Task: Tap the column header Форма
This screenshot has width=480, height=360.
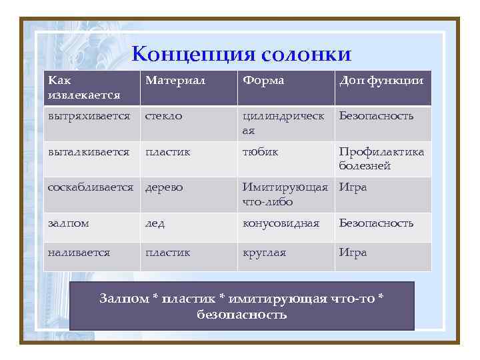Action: (263, 81)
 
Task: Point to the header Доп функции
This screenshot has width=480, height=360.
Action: (381, 81)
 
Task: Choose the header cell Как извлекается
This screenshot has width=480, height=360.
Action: (83, 87)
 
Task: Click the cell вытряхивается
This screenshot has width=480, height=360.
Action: (89, 116)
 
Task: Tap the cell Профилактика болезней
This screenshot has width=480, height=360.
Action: (381, 159)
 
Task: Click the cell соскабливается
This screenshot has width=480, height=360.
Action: (91, 188)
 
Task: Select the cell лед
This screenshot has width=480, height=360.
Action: (155, 223)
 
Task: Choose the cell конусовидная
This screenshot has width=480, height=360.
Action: (281, 223)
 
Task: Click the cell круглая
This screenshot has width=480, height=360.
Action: (264, 253)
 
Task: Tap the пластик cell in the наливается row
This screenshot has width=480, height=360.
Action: (168, 253)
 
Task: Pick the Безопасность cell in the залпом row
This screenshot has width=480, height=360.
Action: (376, 223)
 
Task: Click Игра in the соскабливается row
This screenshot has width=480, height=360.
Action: (353, 188)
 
